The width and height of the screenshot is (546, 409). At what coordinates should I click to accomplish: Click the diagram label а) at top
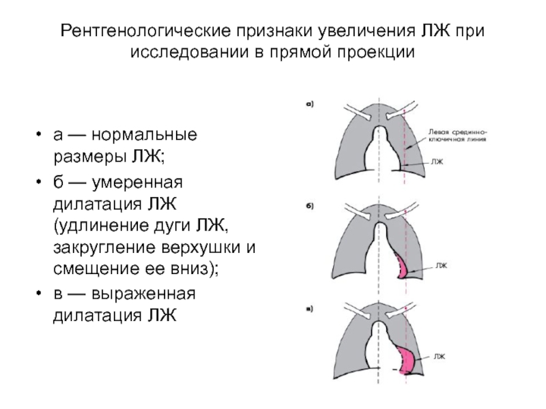[308, 104]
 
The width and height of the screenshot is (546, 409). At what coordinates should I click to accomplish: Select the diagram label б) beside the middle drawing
[308, 206]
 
